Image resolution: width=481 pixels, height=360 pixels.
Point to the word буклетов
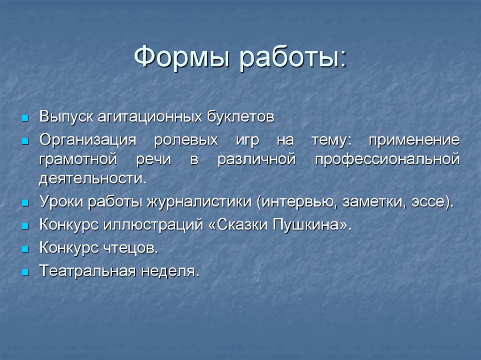[x=241, y=117]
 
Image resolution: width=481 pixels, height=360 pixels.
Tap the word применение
[x=414, y=141]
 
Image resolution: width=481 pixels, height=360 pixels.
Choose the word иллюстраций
[x=149, y=225]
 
